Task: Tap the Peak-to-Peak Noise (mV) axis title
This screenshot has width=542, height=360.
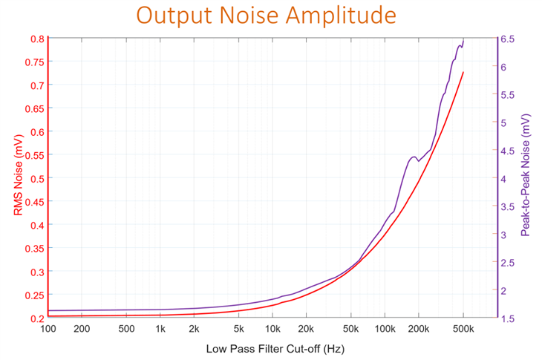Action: (x=526, y=177)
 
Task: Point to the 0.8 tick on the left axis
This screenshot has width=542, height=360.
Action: (x=36, y=39)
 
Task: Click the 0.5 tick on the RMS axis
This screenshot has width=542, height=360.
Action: (x=36, y=178)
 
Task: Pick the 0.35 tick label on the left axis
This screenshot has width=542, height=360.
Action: (x=34, y=248)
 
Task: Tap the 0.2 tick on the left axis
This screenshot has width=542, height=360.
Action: (x=36, y=318)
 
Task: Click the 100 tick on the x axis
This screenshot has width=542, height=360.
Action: (x=48, y=329)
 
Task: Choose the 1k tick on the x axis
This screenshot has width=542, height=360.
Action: (x=160, y=329)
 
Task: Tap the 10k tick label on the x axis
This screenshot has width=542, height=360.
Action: (x=272, y=329)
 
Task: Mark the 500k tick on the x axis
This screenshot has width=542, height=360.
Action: (x=463, y=329)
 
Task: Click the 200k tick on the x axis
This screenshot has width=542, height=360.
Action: (x=418, y=329)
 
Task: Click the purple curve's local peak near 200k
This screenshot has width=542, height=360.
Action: (x=413, y=157)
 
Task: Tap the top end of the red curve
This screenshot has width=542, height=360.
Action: (x=463, y=72)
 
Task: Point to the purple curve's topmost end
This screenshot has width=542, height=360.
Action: (x=463, y=39)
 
